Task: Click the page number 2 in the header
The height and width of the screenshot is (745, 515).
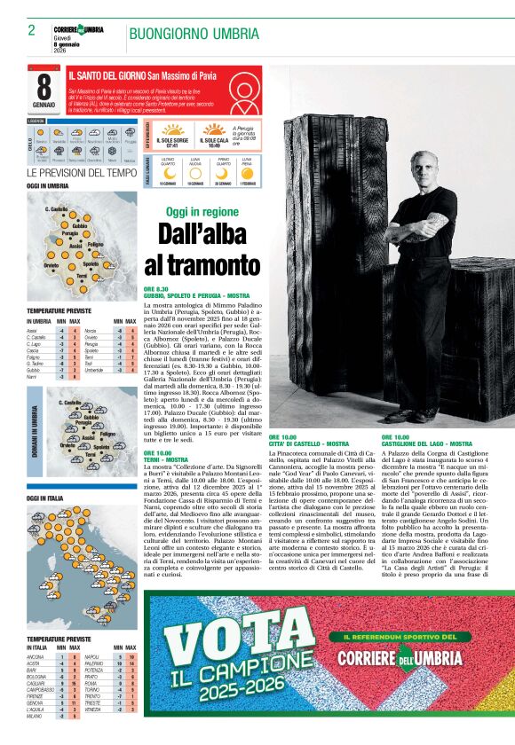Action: point(31,30)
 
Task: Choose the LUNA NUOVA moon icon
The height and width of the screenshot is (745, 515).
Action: point(194,173)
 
